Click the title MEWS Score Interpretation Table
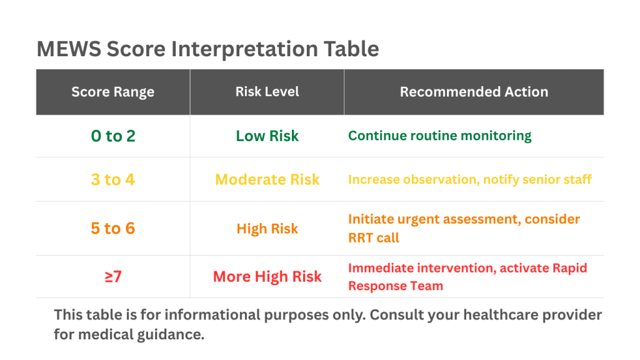pyautogui.click(x=207, y=49)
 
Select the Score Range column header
pyautogui.click(x=112, y=92)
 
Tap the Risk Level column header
pyautogui.click(x=267, y=91)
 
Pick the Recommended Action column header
pyautogui.click(x=474, y=92)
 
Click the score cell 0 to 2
pyautogui.click(x=112, y=136)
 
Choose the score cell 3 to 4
pyautogui.click(x=112, y=179)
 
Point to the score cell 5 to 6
pyautogui.click(x=112, y=228)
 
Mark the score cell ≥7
pyautogui.click(x=112, y=276)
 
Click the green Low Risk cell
pyautogui.click(x=267, y=136)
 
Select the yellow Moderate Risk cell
pyautogui.click(x=267, y=179)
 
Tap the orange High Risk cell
pyautogui.click(x=267, y=229)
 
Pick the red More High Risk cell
pyautogui.click(x=267, y=276)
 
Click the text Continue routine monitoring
pyautogui.click(x=439, y=136)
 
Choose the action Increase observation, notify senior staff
pyautogui.click(x=469, y=179)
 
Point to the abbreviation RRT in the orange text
pyautogui.click(x=361, y=237)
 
